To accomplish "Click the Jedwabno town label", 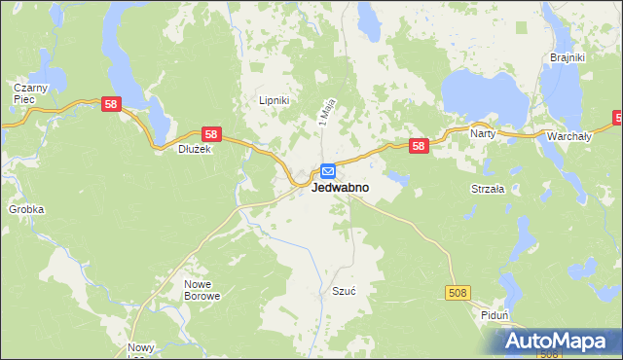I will coord(340,188).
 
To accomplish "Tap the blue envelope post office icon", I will coord(329,170).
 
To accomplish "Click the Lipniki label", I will coord(274,100).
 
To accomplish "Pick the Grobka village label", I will coord(26,209).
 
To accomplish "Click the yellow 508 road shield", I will coord(459,292).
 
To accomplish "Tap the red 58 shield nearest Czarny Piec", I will coord(111,104).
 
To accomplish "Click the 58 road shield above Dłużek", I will coord(212,133).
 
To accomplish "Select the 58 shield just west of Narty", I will coord(419,146).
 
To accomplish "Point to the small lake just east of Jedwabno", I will coord(396,177).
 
